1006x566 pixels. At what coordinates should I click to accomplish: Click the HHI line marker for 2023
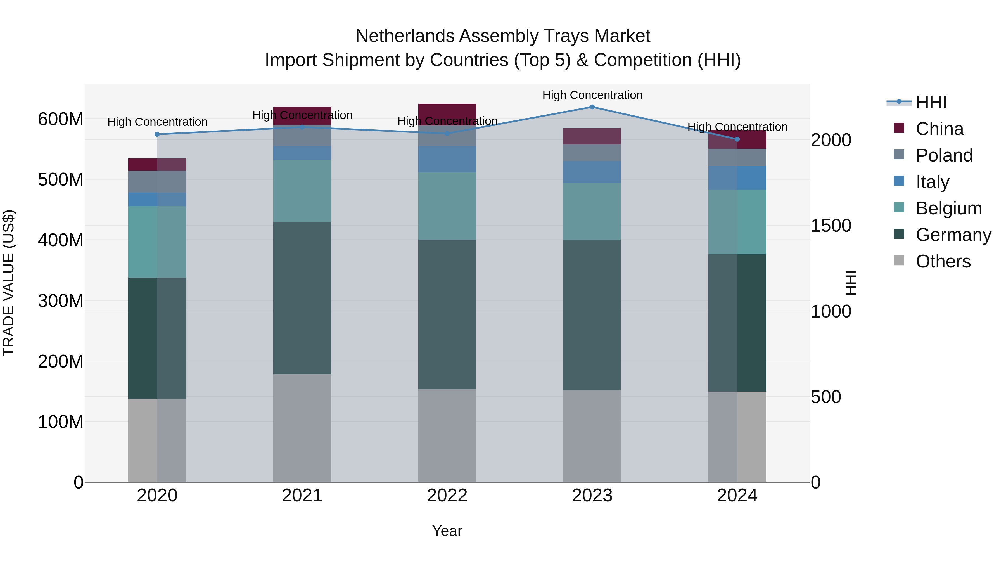pos(592,107)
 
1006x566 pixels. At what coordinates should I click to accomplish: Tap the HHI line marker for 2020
pos(157,134)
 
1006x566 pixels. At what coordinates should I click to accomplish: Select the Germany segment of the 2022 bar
pos(447,314)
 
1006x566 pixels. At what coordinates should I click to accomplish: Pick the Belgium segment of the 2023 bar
pos(592,211)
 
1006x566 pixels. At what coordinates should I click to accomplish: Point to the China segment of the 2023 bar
pos(592,136)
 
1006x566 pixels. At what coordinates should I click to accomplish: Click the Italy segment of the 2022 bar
pos(447,159)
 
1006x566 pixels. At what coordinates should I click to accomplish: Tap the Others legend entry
pos(943,261)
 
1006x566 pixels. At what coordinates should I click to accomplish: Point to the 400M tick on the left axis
pos(61,240)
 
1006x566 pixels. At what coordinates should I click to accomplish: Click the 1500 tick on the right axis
pos(831,226)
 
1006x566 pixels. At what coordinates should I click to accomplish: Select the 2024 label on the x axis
pos(737,496)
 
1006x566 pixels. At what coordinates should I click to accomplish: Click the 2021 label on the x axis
pos(302,496)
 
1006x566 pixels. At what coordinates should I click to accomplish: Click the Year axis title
pos(447,531)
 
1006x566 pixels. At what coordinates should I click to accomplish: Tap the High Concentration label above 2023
pos(592,95)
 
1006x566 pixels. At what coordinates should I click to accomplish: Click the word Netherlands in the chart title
pos(405,36)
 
